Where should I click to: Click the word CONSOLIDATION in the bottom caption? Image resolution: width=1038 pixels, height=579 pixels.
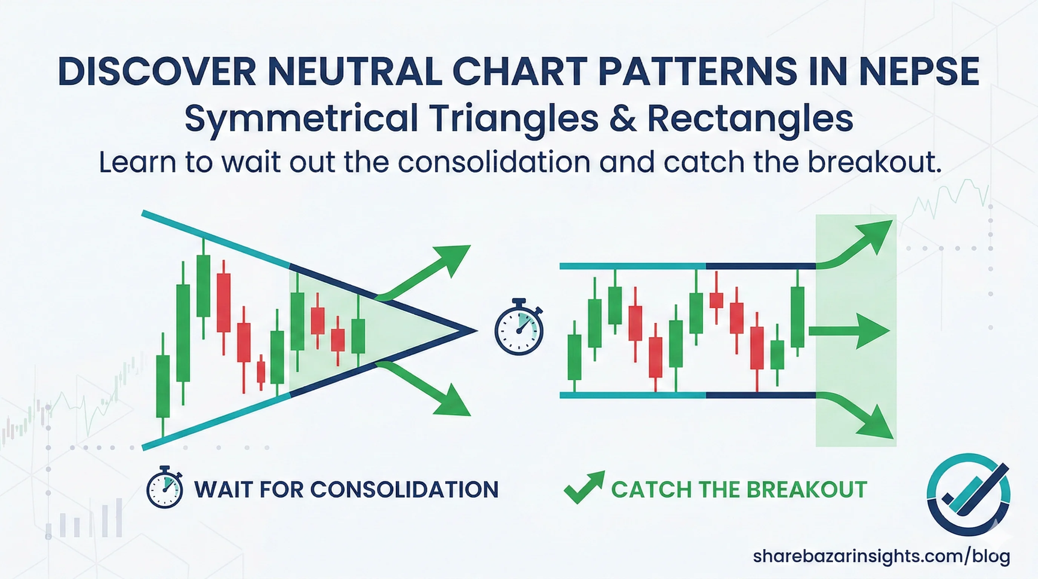point(405,489)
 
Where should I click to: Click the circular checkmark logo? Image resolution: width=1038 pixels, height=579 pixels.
point(968,495)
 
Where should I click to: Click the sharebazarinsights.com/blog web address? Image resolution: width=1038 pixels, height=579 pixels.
point(881,556)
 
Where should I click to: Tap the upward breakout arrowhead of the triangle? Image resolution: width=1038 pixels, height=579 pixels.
point(453,260)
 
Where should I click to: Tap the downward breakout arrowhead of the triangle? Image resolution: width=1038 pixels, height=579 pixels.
point(453,401)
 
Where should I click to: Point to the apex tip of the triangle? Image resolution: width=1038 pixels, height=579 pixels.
point(477,331)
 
